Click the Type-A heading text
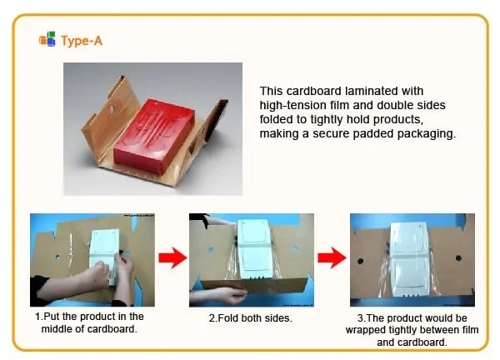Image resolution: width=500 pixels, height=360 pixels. pyautogui.click(x=82, y=41)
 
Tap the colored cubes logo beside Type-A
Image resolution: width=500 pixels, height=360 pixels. pyautogui.click(x=47, y=39)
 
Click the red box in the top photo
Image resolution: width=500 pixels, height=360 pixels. pyautogui.click(x=154, y=135)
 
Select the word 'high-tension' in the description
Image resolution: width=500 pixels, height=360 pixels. pyautogui.click(x=291, y=106)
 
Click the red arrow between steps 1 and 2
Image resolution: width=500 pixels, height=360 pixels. pyautogui.click(x=172, y=257)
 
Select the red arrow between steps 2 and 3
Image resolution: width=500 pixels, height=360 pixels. pyautogui.click(x=332, y=257)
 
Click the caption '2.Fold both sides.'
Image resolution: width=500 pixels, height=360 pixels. pyautogui.click(x=251, y=317)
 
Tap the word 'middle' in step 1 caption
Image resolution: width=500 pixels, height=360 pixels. pyautogui.click(x=57, y=329)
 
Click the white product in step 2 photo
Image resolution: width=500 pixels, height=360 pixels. pyautogui.click(x=254, y=248)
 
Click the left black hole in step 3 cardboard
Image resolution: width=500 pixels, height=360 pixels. pyautogui.click(x=360, y=261)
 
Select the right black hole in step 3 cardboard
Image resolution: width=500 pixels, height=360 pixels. pyautogui.click(x=458, y=258)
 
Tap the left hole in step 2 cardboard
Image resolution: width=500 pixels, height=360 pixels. pyautogui.click(x=211, y=250)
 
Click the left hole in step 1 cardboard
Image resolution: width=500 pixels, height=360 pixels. pyautogui.click(x=57, y=257)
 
